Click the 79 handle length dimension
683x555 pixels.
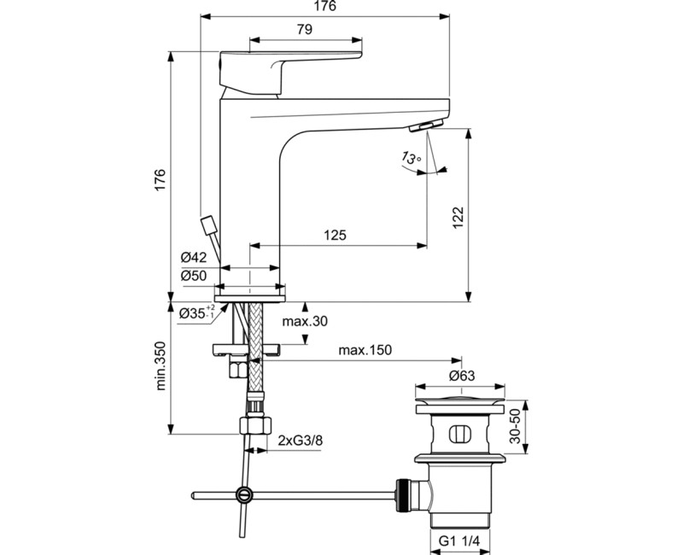(x=304, y=29)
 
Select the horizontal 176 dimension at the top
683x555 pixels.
(x=325, y=7)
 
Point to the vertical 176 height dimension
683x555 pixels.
(x=160, y=179)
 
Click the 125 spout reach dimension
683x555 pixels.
(x=336, y=236)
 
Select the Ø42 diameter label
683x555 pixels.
(x=194, y=258)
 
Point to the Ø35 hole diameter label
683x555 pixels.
(x=196, y=314)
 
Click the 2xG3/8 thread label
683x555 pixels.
(x=300, y=441)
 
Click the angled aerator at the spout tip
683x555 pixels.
(x=425, y=127)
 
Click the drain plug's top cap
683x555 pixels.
(x=462, y=400)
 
